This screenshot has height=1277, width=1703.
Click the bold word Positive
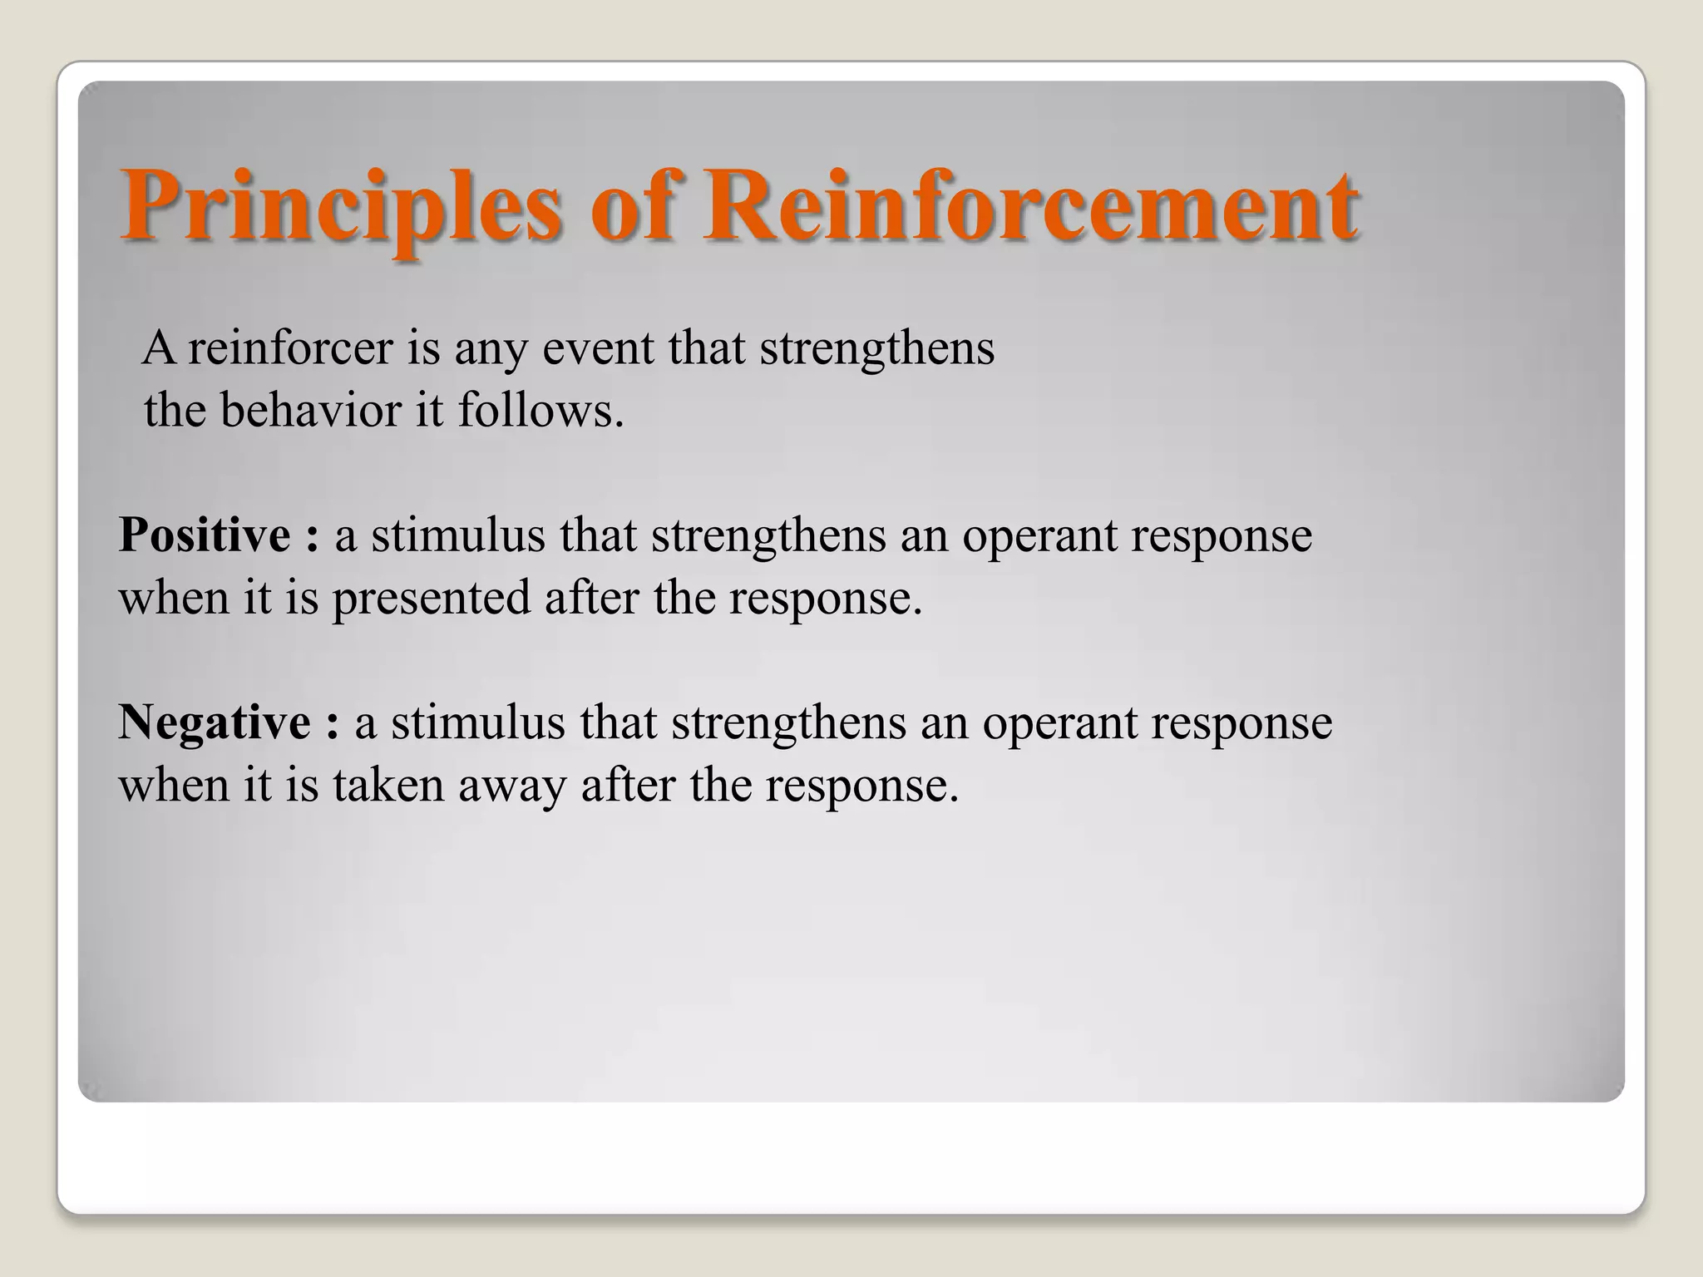point(205,535)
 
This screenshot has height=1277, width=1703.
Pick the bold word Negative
point(215,722)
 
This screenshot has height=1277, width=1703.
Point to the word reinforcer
point(290,348)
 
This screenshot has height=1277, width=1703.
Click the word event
point(598,348)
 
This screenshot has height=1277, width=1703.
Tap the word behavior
point(316,411)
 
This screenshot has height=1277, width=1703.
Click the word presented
point(432,598)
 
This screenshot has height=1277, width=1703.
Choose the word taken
point(388,785)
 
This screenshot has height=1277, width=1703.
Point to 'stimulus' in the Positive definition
point(458,535)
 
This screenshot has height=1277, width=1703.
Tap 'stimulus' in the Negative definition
point(478,722)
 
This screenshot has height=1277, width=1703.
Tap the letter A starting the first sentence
point(159,348)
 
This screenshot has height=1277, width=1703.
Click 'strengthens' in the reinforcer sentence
point(877,348)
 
